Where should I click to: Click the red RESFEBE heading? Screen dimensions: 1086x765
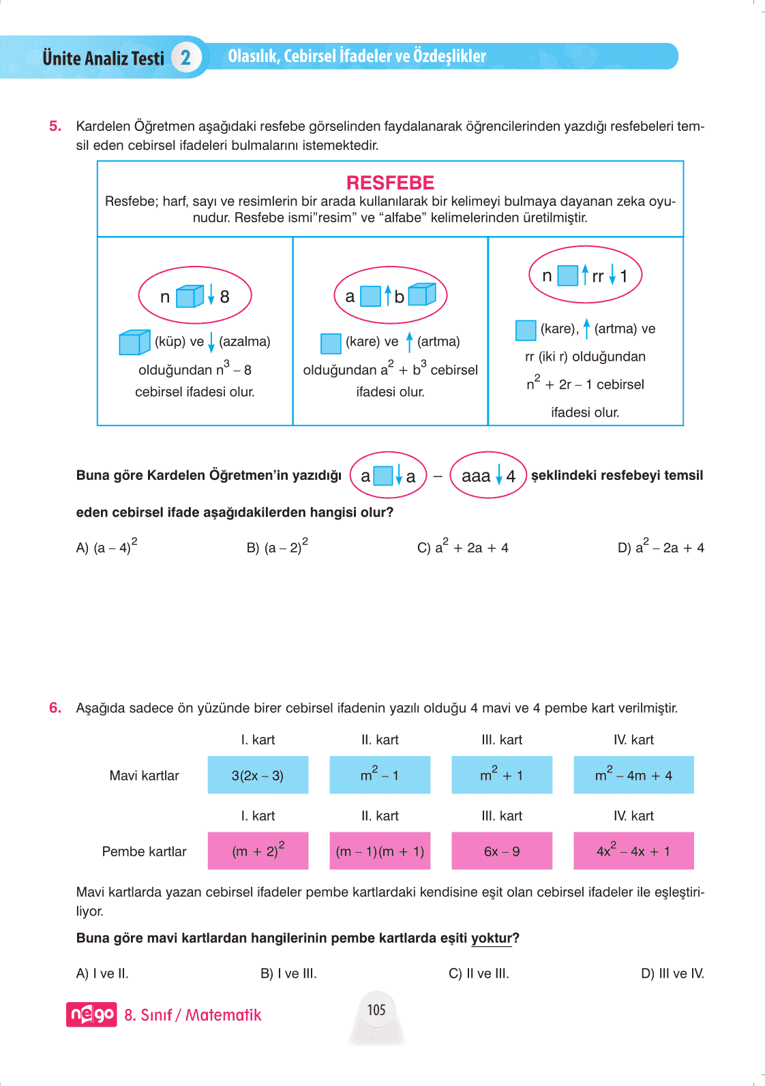(x=390, y=183)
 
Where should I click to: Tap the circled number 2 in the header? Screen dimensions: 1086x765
(x=185, y=58)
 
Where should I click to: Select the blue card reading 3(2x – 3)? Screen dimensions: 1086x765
(x=258, y=775)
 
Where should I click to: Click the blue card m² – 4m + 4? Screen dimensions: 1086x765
(x=633, y=775)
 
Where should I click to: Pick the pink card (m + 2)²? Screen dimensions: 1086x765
(x=258, y=851)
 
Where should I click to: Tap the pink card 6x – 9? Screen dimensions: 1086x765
(x=502, y=851)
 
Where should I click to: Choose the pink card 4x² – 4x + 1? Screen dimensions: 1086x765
(x=633, y=851)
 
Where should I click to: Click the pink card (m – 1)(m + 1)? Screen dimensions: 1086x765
(x=380, y=851)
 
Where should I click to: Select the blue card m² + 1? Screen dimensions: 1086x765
(x=502, y=775)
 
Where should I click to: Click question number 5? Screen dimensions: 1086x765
(x=55, y=126)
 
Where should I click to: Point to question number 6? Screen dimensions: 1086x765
(x=55, y=708)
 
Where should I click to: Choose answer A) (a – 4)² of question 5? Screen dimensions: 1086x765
(x=106, y=547)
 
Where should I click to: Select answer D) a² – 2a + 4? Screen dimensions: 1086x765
(x=660, y=547)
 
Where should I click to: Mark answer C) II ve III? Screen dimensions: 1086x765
(x=479, y=974)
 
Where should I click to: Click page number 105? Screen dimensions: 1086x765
(x=376, y=1010)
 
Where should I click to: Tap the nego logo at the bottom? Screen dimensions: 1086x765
(x=91, y=1014)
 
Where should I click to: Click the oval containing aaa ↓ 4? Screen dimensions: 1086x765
(x=488, y=476)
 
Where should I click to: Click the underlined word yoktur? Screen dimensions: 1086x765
(x=491, y=938)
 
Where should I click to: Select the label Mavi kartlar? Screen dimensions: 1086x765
(x=144, y=776)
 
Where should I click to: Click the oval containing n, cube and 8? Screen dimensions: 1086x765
(x=195, y=296)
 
